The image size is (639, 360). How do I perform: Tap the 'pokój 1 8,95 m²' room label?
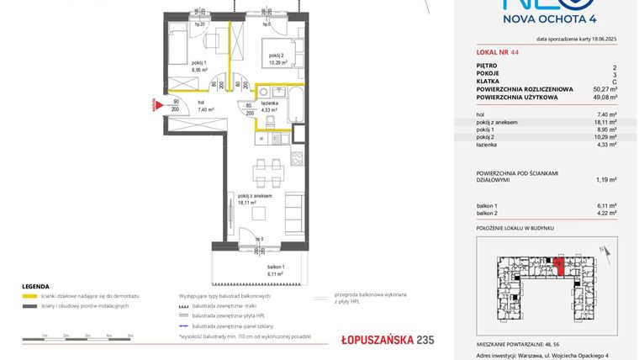[x=175, y=67]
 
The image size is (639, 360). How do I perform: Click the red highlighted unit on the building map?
[x=558, y=267]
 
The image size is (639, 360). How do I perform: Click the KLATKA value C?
[x=615, y=81]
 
